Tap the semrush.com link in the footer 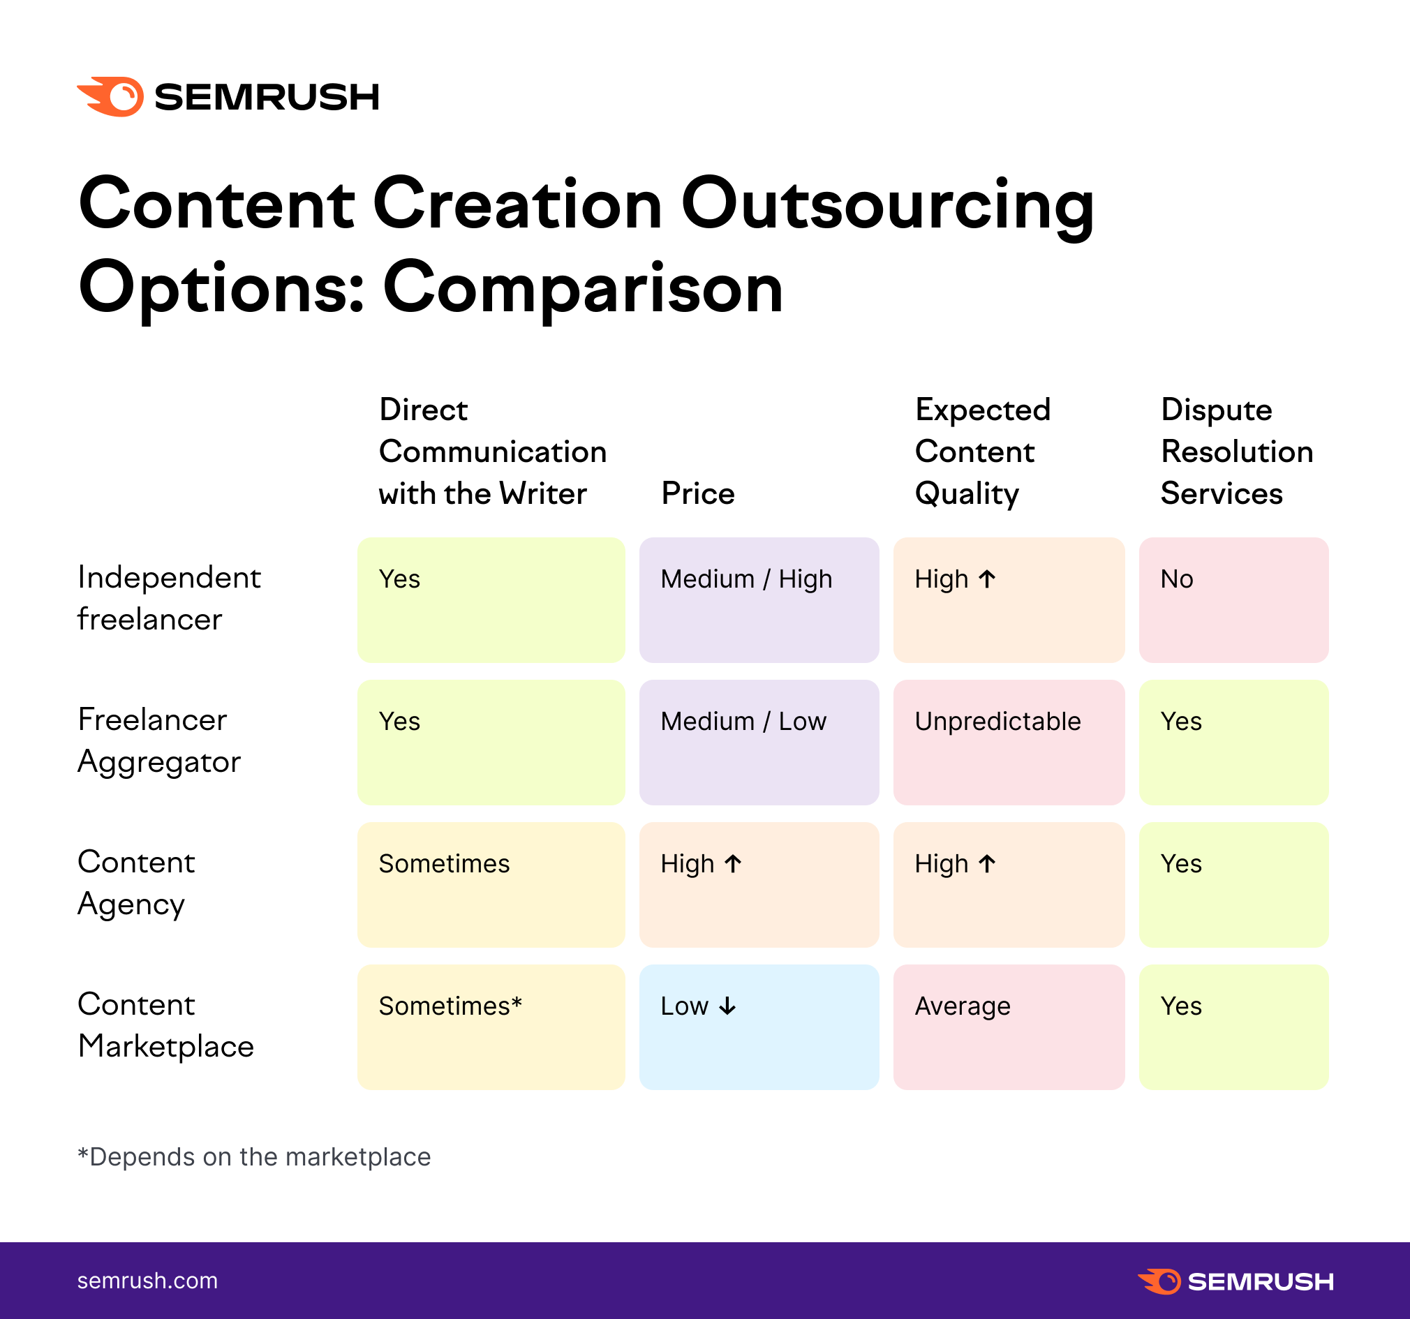coord(147,1281)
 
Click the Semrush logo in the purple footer coord(1235,1281)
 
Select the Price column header coord(698,493)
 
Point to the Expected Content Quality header coord(982,452)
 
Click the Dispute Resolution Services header coord(1236,452)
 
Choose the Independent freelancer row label coord(169,599)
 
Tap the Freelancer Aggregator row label coord(159,741)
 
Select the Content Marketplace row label coord(165,1025)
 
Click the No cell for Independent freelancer coord(1233,600)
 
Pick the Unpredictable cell coord(1009,743)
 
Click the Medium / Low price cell coord(759,743)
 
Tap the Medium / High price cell coord(759,600)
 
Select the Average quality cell coord(1009,1027)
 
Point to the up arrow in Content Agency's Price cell coord(734,864)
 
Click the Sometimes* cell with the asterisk coord(491,1027)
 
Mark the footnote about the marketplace coord(254,1156)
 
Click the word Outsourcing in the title coord(887,206)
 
